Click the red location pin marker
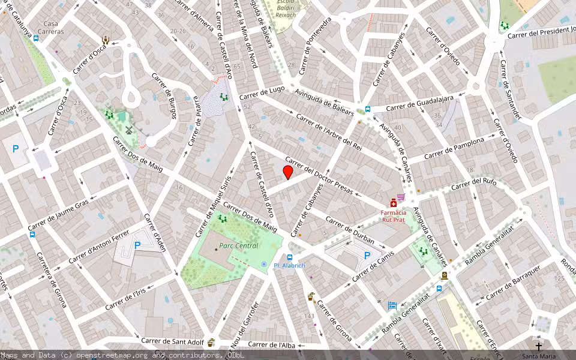[x=288, y=173]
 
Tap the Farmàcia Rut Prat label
[x=393, y=215]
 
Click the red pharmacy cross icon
[x=394, y=203]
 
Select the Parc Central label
[x=238, y=245]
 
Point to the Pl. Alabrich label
[x=289, y=265]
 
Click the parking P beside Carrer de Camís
[x=367, y=256]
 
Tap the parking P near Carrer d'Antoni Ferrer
[x=137, y=245]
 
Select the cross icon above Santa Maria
[x=538, y=346]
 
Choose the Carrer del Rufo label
[x=473, y=183]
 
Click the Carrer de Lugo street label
[x=262, y=93]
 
